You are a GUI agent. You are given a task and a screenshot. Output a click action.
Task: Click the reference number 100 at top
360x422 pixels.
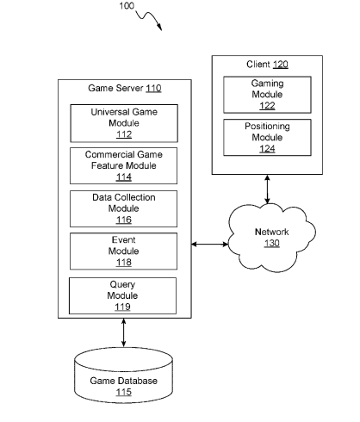coord(127,6)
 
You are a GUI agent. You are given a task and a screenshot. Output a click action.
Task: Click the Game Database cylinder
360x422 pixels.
coord(124,375)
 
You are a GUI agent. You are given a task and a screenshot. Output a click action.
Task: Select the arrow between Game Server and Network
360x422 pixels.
coord(210,245)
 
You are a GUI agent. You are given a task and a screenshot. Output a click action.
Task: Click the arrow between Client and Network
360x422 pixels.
coord(267,189)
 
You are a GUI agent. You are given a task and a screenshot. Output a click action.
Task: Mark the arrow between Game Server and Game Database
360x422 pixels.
coord(124,332)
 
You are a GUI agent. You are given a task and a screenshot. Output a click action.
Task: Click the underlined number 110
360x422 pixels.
coord(153,88)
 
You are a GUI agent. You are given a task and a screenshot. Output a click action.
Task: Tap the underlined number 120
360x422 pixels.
coord(281,65)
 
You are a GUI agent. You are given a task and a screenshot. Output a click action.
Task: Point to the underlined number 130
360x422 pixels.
coord(272,244)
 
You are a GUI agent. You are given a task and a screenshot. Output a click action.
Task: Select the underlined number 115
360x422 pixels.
coord(124,392)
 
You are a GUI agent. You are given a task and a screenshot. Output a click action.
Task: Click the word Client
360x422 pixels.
coord(258,64)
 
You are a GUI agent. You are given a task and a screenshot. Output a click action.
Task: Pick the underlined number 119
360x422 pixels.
coord(122,307)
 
